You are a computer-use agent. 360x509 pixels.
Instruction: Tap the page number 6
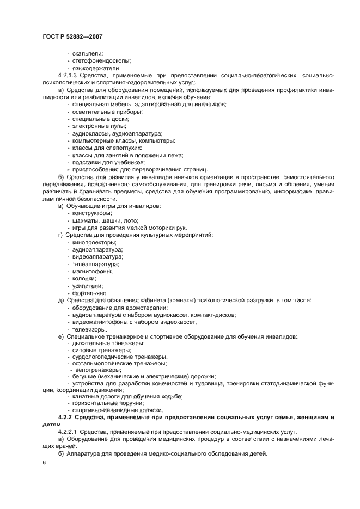click(x=43, y=462)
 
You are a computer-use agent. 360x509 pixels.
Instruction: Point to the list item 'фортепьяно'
click(x=89, y=293)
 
